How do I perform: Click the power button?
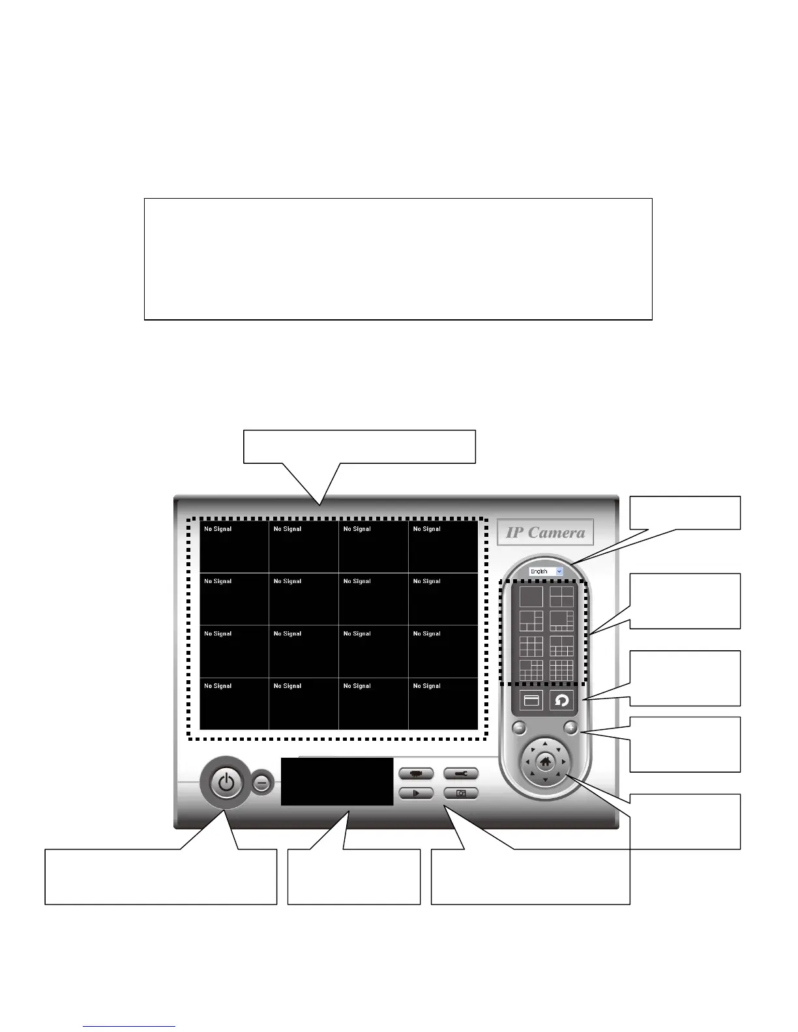click(x=226, y=782)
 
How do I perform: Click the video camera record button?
click(x=416, y=773)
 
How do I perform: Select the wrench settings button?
click(x=461, y=773)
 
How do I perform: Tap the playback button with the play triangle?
click(x=416, y=793)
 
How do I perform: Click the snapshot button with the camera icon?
click(x=461, y=793)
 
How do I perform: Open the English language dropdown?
click(x=546, y=571)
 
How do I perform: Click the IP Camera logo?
click(x=545, y=532)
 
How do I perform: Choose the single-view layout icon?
click(x=531, y=596)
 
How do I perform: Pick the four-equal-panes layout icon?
click(x=561, y=596)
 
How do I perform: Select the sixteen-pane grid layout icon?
click(x=561, y=670)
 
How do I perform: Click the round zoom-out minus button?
click(x=518, y=728)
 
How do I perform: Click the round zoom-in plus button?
click(x=571, y=728)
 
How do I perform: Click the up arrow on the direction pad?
click(x=546, y=743)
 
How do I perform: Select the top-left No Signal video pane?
click(x=234, y=547)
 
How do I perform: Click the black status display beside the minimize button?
click(x=337, y=781)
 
